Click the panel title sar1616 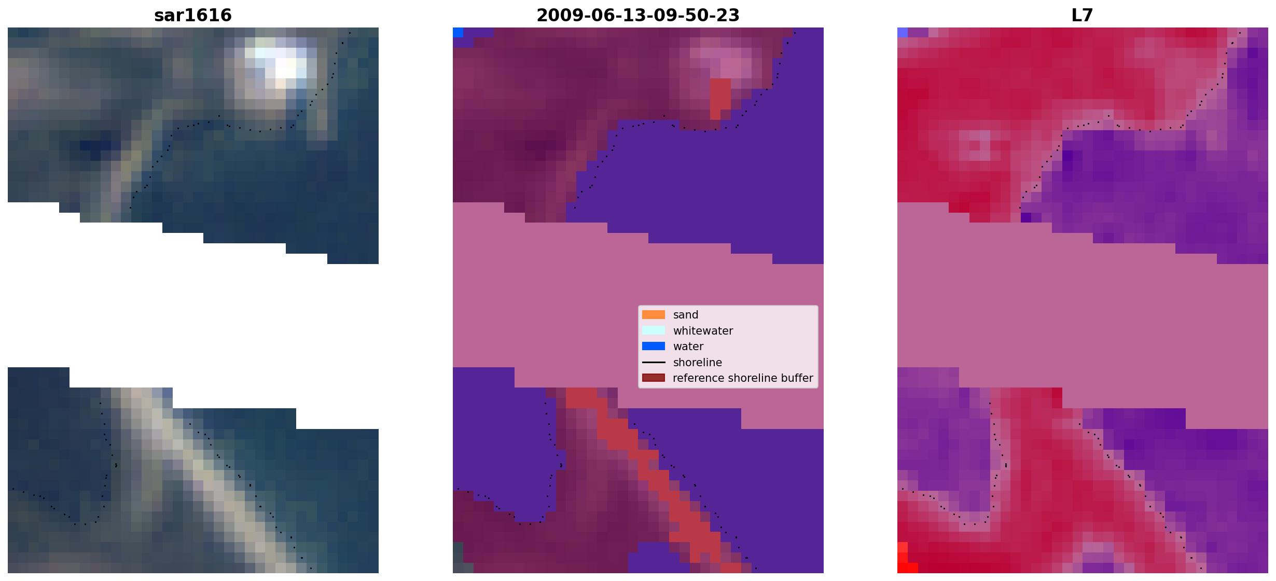coord(193,16)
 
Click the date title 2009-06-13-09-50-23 coord(638,16)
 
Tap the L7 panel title coord(1083,16)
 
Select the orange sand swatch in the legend coord(654,315)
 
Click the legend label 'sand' coord(686,315)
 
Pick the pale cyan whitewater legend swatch coord(654,330)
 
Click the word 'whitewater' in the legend coord(703,331)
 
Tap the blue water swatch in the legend coord(654,346)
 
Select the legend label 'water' coord(688,347)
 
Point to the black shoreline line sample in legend coord(654,362)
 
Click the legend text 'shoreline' coord(698,363)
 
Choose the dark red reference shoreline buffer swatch coord(654,378)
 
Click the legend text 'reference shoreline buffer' coord(743,378)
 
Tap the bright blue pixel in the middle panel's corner coord(458,32)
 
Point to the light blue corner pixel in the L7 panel coord(903,32)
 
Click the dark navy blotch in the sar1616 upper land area coord(95,148)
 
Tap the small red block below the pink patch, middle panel coord(720,99)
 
